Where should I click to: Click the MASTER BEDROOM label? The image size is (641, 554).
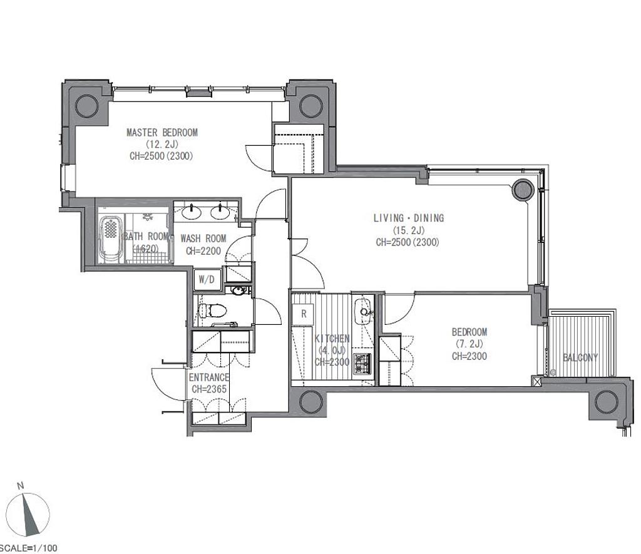point(162,133)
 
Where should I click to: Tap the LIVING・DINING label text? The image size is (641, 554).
point(409,218)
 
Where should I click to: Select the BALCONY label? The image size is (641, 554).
point(580,357)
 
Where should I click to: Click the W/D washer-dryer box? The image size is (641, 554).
point(207,280)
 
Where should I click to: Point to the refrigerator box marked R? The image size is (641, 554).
point(304,314)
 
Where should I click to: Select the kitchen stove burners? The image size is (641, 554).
point(362,364)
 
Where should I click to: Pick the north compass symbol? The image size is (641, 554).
point(29,515)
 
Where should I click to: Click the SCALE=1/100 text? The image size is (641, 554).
point(29,548)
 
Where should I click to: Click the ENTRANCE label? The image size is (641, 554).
point(208,377)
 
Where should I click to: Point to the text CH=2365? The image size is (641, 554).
point(209,389)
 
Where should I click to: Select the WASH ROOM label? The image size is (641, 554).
point(203,239)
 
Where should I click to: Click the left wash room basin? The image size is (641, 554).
point(192,212)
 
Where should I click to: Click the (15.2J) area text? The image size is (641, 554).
point(408,230)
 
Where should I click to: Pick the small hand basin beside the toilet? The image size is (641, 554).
point(238,290)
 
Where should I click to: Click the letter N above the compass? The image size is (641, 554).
point(21,486)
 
